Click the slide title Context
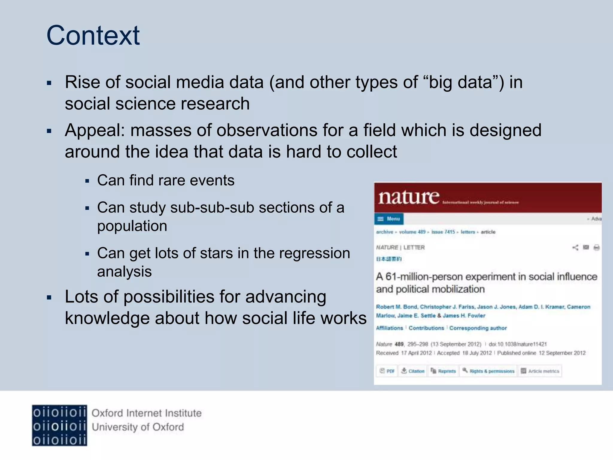[93, 35]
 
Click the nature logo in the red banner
[409, 197]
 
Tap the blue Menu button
[389, 219]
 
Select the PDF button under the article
[387, 371]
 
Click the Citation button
[413, 371]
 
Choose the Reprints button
[443, 371]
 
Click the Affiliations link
[389, 328]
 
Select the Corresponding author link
[478, 328]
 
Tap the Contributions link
[426, 328]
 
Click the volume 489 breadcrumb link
[412, 232]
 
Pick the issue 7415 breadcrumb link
[443, 232]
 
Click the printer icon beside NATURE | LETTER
[596, 247]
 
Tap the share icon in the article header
[575, 247]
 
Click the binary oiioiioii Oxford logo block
[59, 426]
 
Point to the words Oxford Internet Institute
[146, 413]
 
